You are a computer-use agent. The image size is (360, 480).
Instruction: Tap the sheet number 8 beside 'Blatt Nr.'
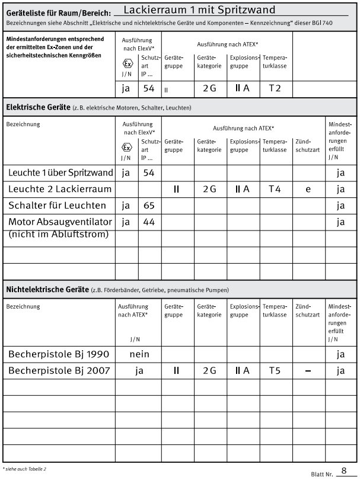coord(343,471)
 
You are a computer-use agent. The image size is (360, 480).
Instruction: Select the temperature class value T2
coord(275,88)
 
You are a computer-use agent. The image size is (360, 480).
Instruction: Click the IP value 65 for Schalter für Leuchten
coord(149,206)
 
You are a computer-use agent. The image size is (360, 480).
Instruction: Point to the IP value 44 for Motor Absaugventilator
coord(149,222)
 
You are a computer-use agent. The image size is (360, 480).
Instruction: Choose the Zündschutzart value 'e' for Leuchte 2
coord(308,189)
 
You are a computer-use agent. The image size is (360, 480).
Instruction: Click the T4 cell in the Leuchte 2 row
coord(275,189)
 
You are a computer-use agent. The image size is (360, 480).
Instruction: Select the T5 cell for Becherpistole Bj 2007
coord(275,371)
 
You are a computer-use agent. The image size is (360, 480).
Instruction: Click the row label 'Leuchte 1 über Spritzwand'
coord(60,173)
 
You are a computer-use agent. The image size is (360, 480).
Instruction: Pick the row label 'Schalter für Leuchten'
coord(58,206)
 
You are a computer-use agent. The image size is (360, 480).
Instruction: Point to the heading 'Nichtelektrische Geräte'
coord(47,289)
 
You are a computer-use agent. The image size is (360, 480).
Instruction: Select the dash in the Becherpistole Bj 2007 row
coord(308,371)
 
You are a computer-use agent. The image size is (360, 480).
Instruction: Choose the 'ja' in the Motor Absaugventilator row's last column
coord(340,222)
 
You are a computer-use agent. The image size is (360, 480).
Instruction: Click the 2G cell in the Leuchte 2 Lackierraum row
coord(209,189)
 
